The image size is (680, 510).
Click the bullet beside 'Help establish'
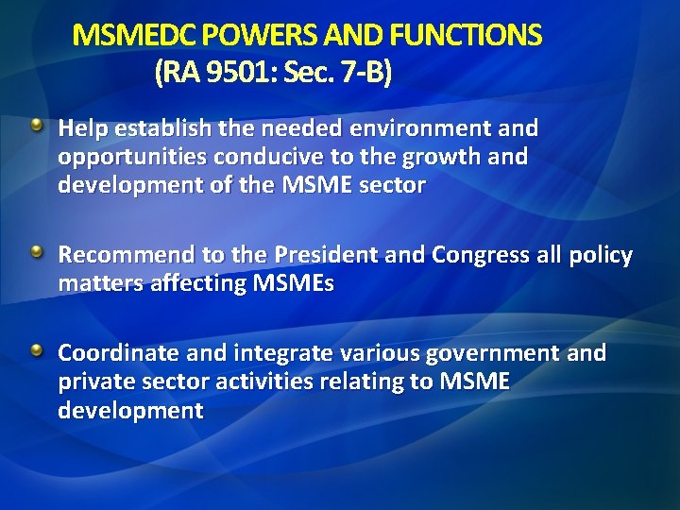(36, 126)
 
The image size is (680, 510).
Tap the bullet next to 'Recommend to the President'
(36, 252)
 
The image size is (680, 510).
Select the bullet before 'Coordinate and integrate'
(36, 351)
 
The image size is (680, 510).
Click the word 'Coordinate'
(116, 353)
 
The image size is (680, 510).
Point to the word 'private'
(95, 382)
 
